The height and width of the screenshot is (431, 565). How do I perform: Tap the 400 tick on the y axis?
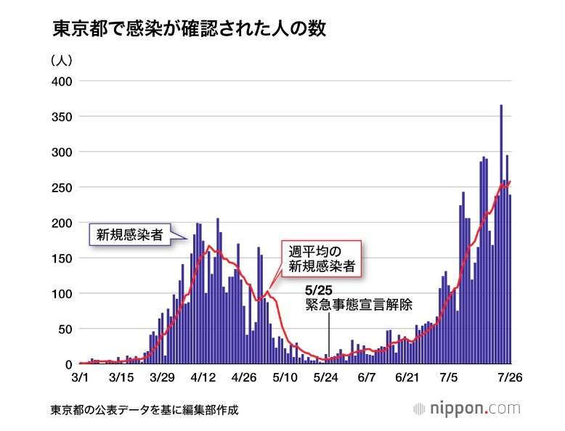tap(61, 81)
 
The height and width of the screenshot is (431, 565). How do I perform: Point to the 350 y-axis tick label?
tap(61, 117)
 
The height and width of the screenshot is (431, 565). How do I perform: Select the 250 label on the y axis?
tap(61, 188)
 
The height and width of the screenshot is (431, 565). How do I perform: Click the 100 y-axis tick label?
tap(61, 294)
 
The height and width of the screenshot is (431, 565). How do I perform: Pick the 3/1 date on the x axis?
tap(81, 378)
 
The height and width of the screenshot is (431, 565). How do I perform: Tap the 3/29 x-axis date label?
tap(162, 378)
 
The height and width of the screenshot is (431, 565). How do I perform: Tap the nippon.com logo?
tap(467, 408)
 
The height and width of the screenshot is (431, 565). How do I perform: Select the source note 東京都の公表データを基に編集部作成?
tap(145, 410)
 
